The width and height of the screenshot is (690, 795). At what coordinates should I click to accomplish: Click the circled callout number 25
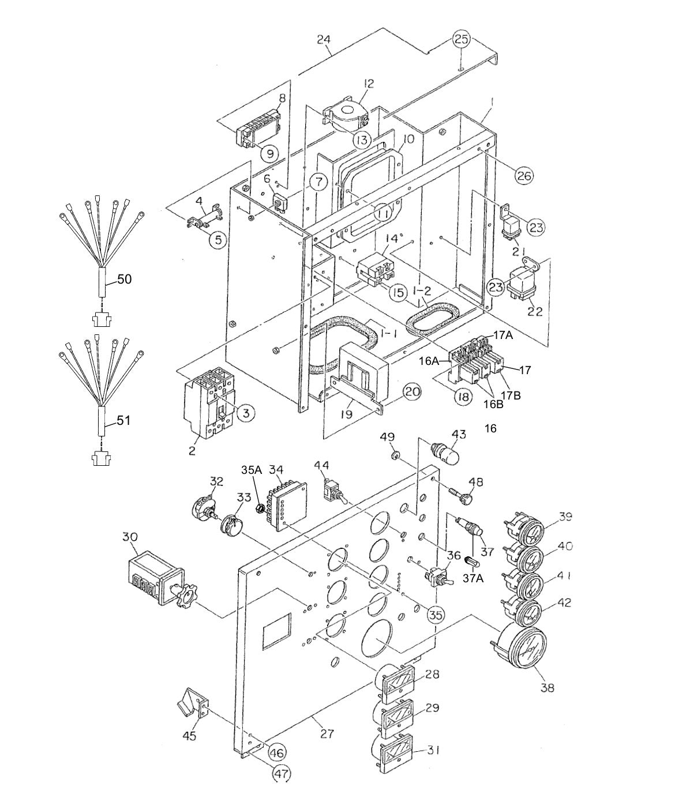point(461,39)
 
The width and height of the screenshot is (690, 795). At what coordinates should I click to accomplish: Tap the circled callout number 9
point(269,153)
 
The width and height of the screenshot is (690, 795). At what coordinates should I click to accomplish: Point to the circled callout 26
point(524,175)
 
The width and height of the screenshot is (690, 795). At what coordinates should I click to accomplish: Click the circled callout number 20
point(411,392)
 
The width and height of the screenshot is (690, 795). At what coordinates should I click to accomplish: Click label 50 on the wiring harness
point(124,280)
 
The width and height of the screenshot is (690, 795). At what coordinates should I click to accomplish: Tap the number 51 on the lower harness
point(123,421)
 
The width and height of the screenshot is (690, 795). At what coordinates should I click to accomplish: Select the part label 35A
point(252,470)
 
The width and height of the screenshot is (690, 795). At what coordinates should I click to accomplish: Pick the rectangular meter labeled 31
point(395,753)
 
